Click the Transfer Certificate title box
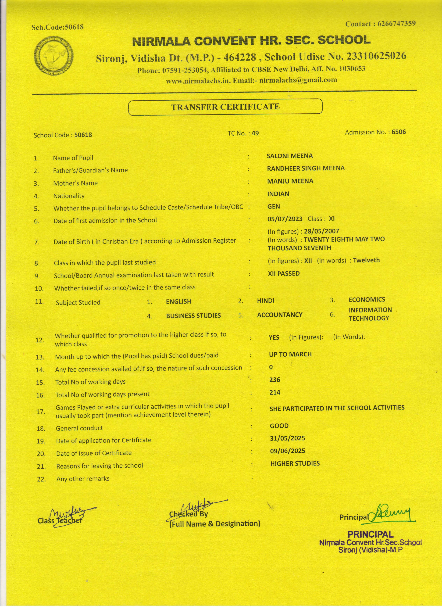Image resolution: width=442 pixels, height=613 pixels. click(225, 107)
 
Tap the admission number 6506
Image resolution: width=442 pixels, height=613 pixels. click(398, 132)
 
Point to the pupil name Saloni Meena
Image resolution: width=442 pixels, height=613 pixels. click(290, 156)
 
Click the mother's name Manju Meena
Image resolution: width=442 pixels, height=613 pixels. click(290, 181)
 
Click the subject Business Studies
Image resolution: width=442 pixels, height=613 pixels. click(193, 316)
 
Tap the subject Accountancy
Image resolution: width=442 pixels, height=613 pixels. click(280, 315)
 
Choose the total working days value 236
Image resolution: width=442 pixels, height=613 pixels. click(275, 380)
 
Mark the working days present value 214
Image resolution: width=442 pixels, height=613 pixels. click(275, 392)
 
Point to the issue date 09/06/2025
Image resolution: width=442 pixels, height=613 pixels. click(288, 451)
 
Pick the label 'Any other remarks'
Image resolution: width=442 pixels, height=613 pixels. click(83, 479)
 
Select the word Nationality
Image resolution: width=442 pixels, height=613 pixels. click(69, 196)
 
